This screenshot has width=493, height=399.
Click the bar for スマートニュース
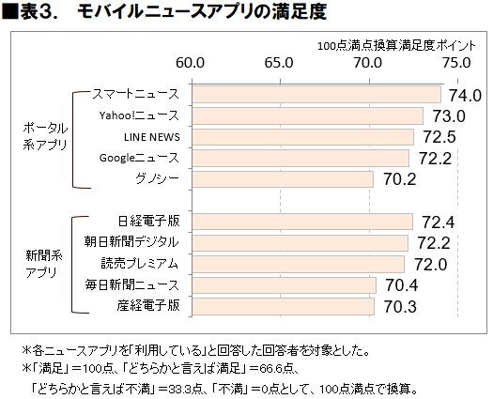pos(316,95)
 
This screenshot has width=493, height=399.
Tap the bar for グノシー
pos(282,178)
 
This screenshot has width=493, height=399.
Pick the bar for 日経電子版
pos(301,222)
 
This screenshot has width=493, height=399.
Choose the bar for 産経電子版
pos(283,306)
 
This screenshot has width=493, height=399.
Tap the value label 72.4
pos(436,223)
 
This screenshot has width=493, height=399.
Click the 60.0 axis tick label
pos(192,64)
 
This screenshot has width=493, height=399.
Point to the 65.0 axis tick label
pos(280,64)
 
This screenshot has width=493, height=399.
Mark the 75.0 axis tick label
pos(455,64)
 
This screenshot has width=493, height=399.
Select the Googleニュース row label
pos(138,157)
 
